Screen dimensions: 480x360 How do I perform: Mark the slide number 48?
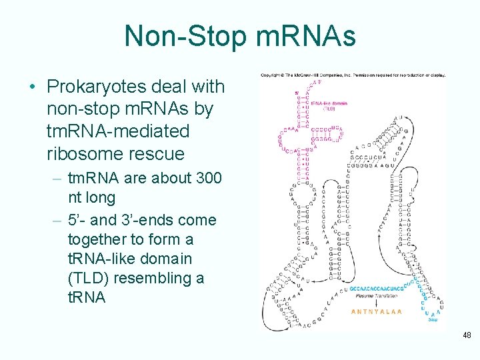[x=466, y=335]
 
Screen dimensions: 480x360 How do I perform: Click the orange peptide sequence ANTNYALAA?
[x=377, y=311]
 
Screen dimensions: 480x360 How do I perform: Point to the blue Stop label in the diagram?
[x=433, y=319]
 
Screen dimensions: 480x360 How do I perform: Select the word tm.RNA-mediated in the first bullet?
[x=119, y=131]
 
